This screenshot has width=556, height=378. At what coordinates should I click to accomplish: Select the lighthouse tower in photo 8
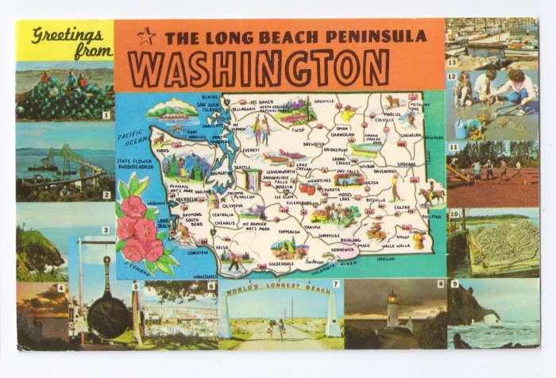(392, 310)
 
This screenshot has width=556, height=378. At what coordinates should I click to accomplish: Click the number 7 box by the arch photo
(336, 284)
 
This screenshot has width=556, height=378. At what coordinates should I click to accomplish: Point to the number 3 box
(105, 230)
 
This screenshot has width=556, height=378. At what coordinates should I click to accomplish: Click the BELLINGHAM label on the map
(242, 110)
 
